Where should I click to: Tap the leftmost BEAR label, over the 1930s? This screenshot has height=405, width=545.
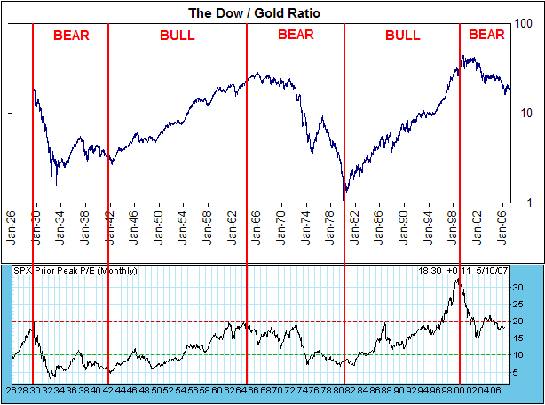pos(71,36)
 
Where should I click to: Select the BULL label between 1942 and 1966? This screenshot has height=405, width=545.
pos(178,36)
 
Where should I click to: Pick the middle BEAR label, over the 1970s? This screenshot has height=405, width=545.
pos(296,36)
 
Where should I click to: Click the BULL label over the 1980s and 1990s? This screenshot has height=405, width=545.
pos(402,36)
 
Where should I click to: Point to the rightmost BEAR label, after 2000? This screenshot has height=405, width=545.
pos(486,36)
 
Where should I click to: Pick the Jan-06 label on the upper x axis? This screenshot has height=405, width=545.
pos(502,231)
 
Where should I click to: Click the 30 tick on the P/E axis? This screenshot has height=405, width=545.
pos(521,288)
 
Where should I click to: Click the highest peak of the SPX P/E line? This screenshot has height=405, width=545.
pos(457,280)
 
